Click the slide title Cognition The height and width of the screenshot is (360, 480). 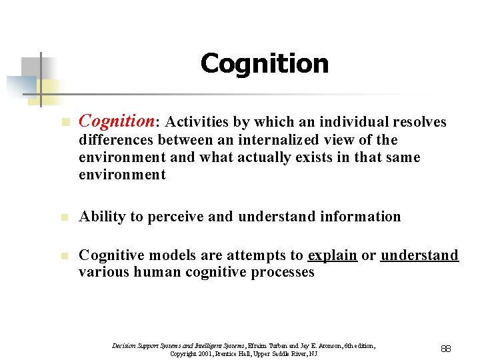(x=264, y=64)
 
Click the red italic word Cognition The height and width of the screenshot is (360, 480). (x=116, y=121)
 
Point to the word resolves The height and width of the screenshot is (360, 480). (x=421, y=122)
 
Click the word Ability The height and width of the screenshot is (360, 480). (x=99, y=217)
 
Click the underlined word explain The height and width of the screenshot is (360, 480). (x=332, y=255)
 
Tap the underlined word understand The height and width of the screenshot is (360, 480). (x=419, y=255)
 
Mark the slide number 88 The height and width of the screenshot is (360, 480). (x=445, y=348)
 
